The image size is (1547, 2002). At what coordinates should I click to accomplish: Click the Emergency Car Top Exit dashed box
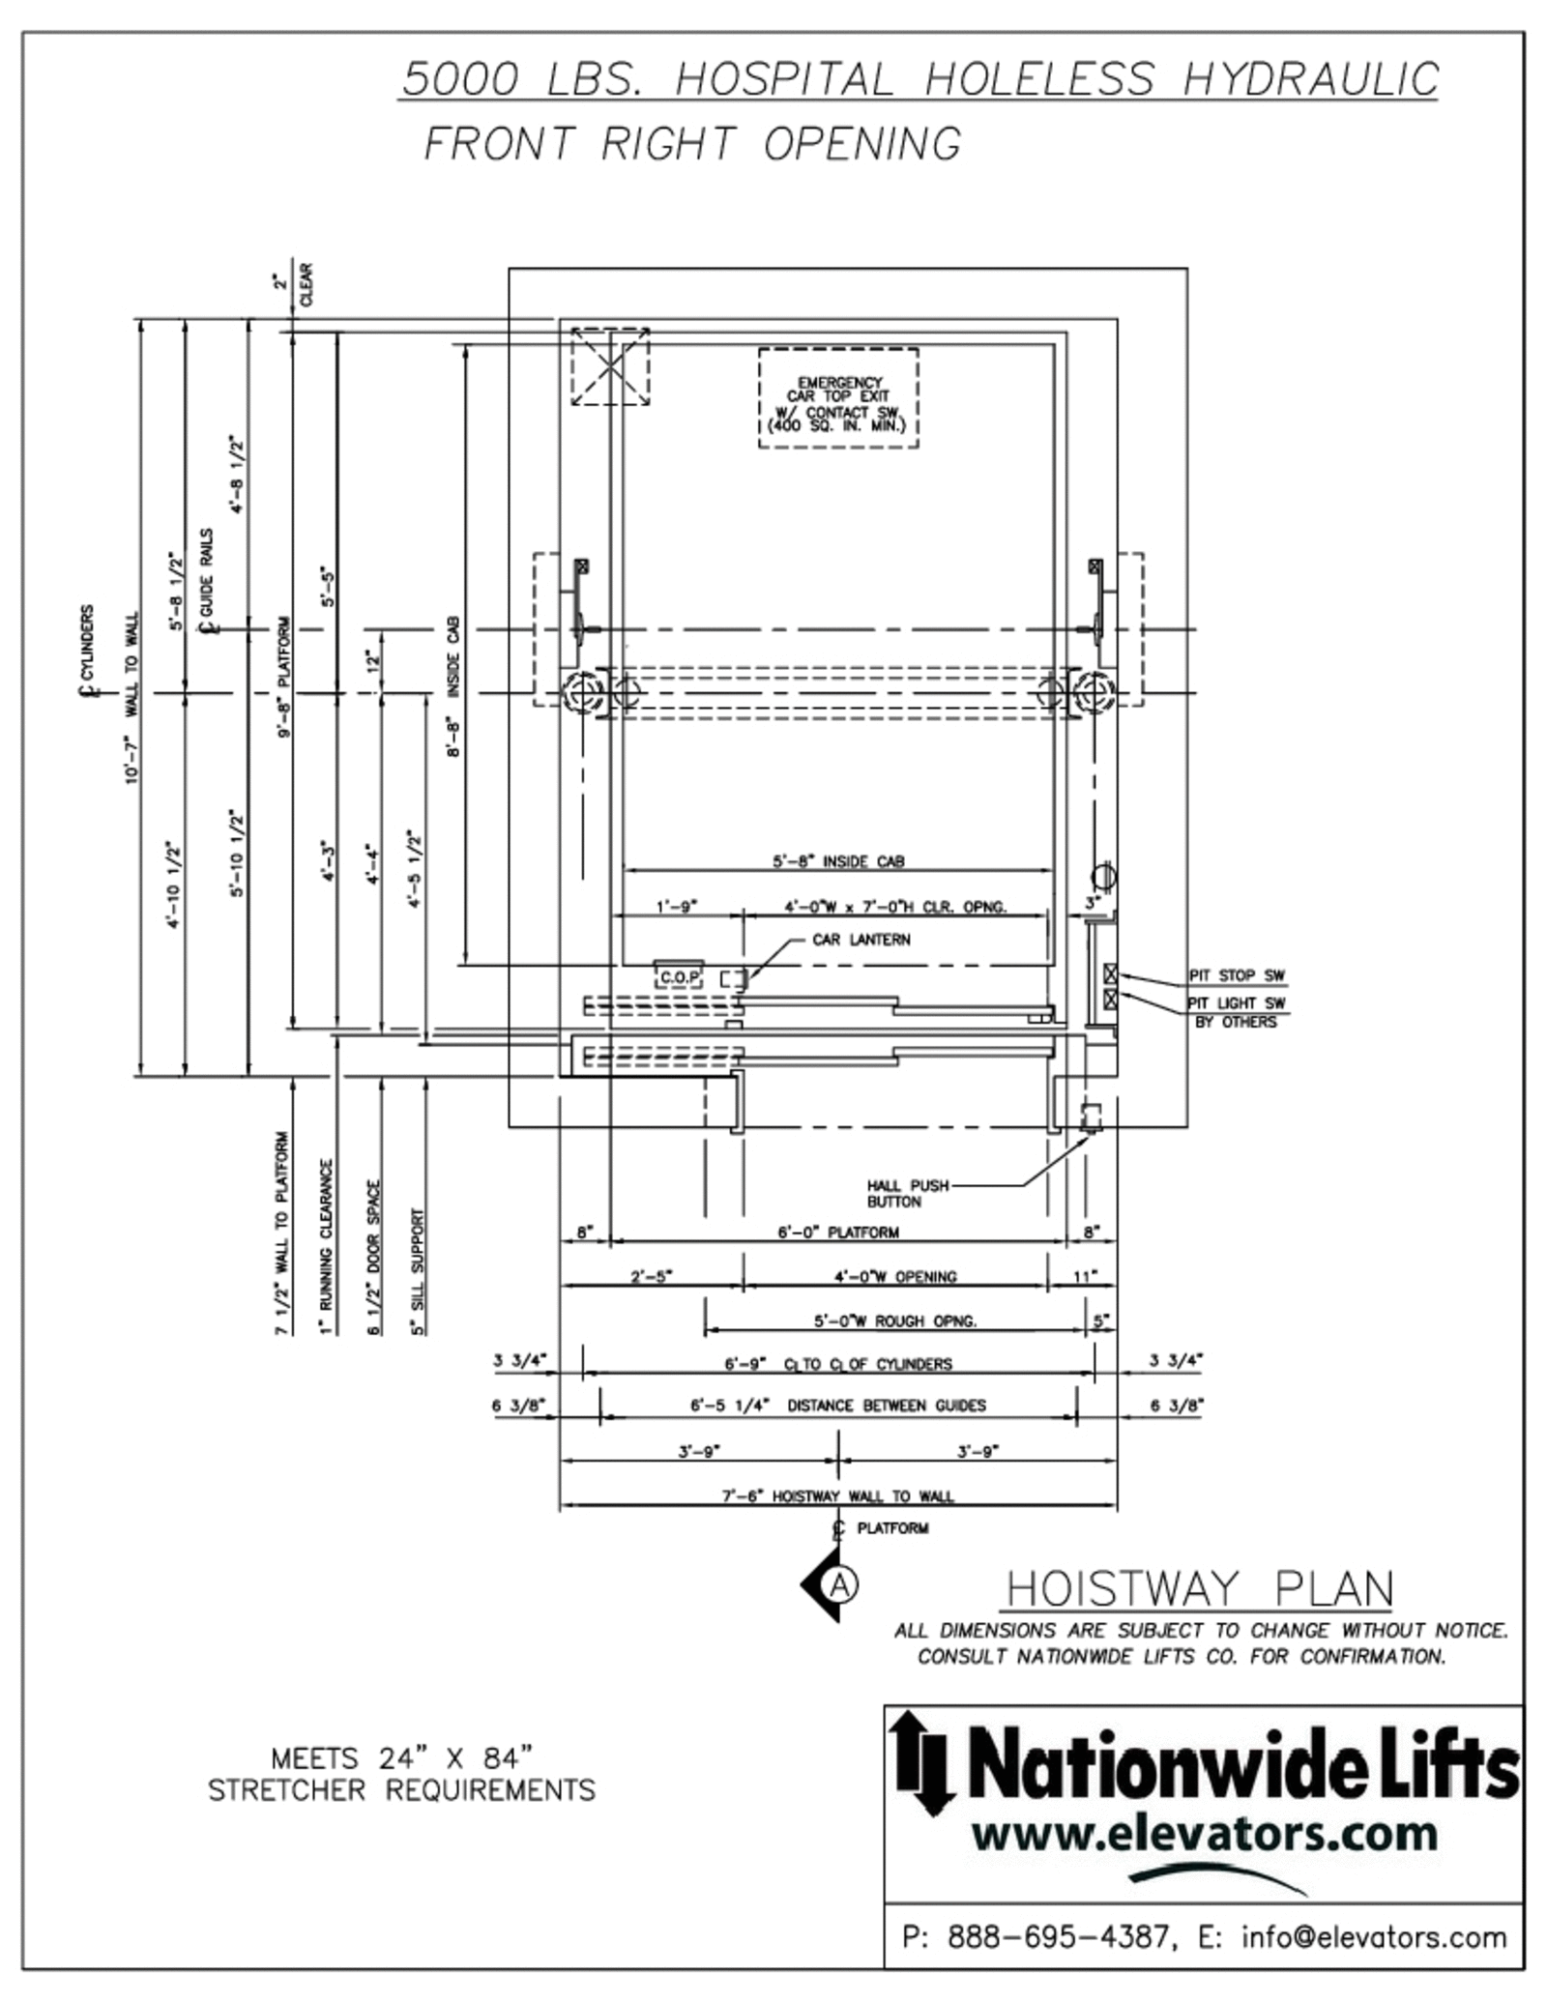pyautogui.click(x=837, y=398)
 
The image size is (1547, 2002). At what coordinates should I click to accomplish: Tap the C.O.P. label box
pyautogui.click(x=679, y=977)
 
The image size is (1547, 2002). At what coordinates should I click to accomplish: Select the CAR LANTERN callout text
pyautogui.click(x=861, y=939)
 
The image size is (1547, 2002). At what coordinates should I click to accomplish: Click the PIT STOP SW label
pyautogui.click(x=1237, y=975)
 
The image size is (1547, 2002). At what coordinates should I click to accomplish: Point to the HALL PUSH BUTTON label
pyautogui.click(x=907, y=1193)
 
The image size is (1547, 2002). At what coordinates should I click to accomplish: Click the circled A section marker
pyautogui.click(x=840, y=1583)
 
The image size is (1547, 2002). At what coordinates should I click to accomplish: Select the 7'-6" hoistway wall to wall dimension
pyautogui.click(x=838, y=1495)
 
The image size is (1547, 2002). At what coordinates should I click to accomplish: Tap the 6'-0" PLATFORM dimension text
pyautogui.click(x=838, y=1232)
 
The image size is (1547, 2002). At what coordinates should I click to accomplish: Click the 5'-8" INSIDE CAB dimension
pyautogui.click(x=838, y=860)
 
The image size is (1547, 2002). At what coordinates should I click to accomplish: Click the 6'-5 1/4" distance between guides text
pyautogui.click(x=837, y=1405)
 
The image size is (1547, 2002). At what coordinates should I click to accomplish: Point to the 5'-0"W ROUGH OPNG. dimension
pyautogui.click(x=894, y=1320)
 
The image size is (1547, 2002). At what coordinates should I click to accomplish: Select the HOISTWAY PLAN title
pyautogui.click(x=1200, y=1589)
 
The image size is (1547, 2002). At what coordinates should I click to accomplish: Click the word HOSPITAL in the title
pyautogui.click(x=784, y=79)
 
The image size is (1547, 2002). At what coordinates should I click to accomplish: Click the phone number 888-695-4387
pyautogui.click(x=1060, y=1936)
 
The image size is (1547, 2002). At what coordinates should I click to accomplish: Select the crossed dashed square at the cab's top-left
pyautogui.click(x=610, y=366)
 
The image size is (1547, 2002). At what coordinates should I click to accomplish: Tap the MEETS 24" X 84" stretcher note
pyautogui.click(x=401, y=1773)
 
